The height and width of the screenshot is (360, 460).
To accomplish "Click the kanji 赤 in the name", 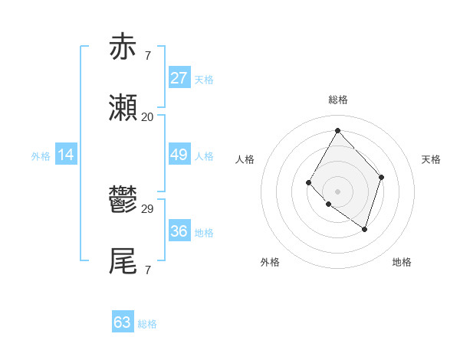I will pos(123,47).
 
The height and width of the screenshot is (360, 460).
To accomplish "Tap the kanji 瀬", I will pos(123,108).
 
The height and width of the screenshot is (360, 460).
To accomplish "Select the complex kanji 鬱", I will pos(123,200).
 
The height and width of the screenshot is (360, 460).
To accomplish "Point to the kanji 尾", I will pos(123,261).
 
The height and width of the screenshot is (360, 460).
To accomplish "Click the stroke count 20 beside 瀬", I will pos(147,116).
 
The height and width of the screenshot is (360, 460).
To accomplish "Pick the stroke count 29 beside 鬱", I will pos(147,208).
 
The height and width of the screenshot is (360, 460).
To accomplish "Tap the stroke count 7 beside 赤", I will pos(147,55).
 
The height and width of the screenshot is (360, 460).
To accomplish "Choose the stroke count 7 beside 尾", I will pos(147,270).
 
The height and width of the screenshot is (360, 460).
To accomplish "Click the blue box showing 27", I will pos(179,78).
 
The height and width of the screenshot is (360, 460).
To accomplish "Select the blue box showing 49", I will pos(179,155).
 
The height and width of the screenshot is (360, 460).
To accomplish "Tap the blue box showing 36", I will pos(179,231).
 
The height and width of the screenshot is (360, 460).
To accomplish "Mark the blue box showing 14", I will pos(66,155).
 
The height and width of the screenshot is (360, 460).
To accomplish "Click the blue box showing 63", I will pos(122,322).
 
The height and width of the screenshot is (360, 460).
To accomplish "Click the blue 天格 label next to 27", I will pos(204,80).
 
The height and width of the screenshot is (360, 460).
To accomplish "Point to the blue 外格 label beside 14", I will pos(41,156).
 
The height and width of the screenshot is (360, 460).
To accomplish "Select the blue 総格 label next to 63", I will pos(147,324).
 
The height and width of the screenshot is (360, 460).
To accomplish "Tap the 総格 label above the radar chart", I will pos(337,100).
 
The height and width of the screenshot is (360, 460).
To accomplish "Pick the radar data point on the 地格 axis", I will pos(365,229).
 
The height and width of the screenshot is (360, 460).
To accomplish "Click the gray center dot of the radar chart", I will pos(337,191).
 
